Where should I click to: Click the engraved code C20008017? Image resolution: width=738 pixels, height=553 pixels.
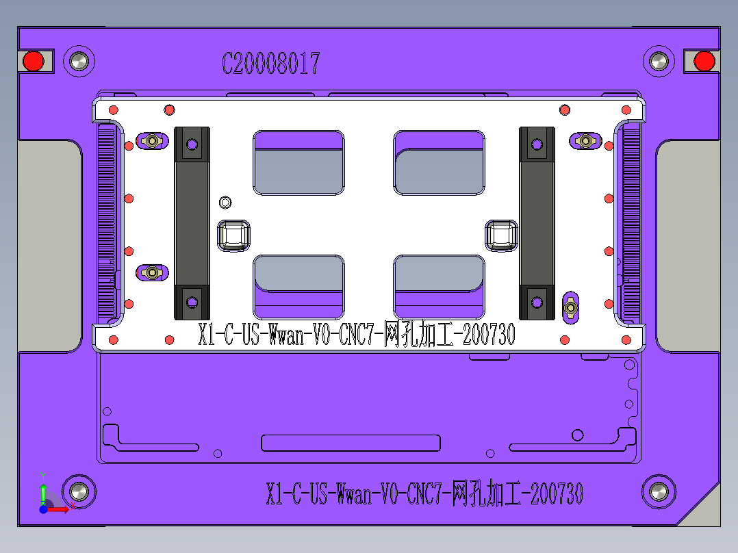tap(270, 64)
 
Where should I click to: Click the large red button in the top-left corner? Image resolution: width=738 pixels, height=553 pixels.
tap(33, 62)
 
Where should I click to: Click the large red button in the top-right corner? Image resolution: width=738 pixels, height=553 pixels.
tap(704, 62)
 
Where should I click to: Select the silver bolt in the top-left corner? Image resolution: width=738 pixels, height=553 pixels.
tap(79, 62)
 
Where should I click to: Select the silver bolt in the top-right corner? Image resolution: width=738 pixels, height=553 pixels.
tap(659, 62)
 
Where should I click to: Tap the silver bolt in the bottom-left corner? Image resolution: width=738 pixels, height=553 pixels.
tap(79, 491)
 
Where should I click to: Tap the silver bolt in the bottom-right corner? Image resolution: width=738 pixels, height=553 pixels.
tap(659, 491)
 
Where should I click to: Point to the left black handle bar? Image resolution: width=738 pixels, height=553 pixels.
tap(192, 223)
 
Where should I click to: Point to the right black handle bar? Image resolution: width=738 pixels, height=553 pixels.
tap(537, 223)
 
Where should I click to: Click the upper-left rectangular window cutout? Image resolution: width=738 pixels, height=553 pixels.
tap(298, 163)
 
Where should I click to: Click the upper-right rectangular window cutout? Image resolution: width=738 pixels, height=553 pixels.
tap(440, 163)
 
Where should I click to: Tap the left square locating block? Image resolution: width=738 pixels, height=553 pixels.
tap(233, 236)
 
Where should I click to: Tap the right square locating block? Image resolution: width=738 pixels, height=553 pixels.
tap(501, 236)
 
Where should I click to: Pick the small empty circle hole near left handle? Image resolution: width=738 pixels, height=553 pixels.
tap(225, 202)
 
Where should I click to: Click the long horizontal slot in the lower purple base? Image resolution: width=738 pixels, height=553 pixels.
tap(351, 443)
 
